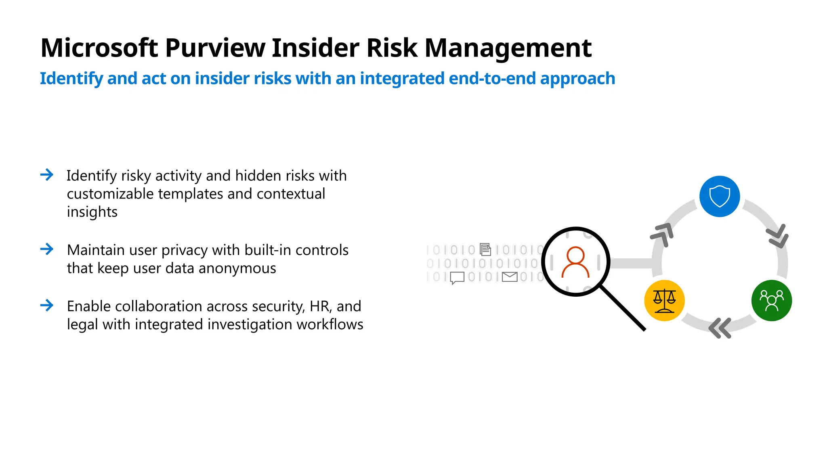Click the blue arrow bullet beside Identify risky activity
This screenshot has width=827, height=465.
tap(47, 175)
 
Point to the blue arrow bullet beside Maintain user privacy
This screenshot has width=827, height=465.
tap(47, 249)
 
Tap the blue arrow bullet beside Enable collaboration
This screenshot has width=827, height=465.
tap(47, 305)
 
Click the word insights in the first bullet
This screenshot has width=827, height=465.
tap(92, 212)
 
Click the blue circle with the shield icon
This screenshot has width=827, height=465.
tap(719, 196)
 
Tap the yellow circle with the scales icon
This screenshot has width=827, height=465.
tap(664, 301)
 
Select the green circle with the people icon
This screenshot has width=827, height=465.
tap(771, 301)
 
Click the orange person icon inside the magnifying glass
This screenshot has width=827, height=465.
tap(575, 262)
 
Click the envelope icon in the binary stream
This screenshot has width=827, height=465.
tap(510, 277)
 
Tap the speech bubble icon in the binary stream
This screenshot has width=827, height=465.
tap(457, 278)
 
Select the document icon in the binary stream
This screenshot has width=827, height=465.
tap(485, 249)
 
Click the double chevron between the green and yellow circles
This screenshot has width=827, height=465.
tap(720, 328)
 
